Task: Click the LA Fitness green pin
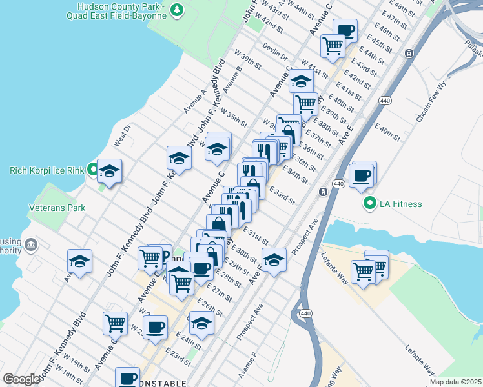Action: tap(370, 204)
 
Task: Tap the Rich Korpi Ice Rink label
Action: tap(46, 171)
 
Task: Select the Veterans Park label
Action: tap(57, 209)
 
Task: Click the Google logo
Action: tap(21, 379)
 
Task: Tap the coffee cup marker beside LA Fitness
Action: tap(362, 175)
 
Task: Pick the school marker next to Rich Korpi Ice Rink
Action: tap(110, 172)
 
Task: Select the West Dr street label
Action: tap(123, 136)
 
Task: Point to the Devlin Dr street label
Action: tap(276, 52)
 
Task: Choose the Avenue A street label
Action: tap(194, 101)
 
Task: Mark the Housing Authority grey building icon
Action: tap(30, 244)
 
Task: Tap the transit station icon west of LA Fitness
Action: tap(322, 192)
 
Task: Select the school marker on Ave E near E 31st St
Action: tap(274, 261)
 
